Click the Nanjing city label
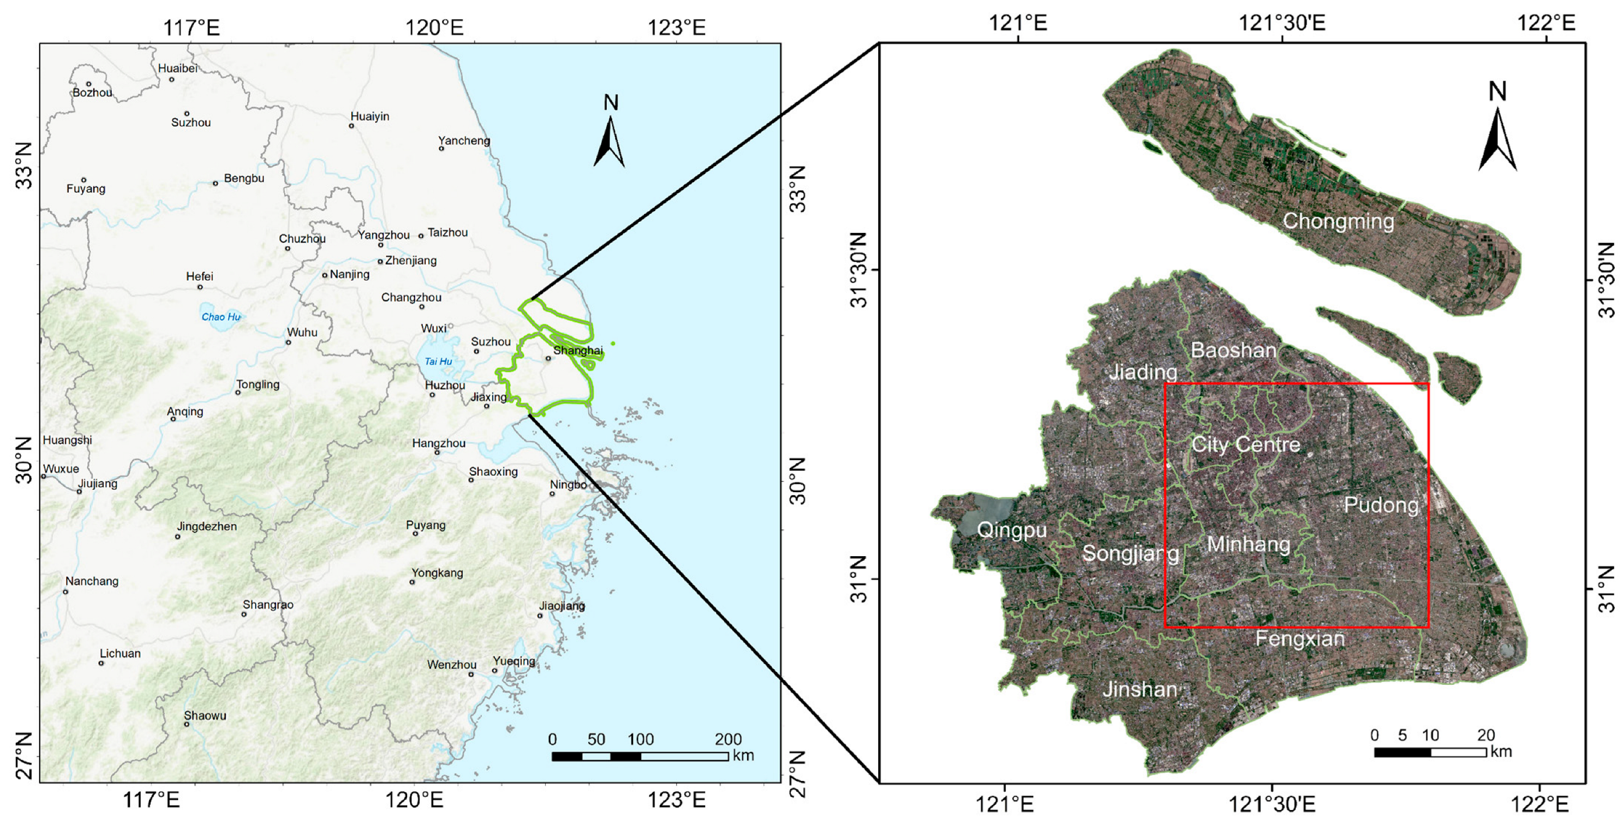[349, 274]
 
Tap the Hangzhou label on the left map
[439, 443]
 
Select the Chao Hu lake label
[221, 317]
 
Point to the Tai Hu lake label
[438, 361]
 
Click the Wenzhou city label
[451, 665]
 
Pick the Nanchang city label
[91, 581]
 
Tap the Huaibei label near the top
[178, 68]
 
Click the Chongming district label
[1338, 221]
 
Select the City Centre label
[1246, 444]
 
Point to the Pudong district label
[1380, 505]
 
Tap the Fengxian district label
[1300, 639]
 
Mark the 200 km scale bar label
[728, 738]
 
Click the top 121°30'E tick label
[1282, 23]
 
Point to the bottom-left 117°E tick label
[151, 800]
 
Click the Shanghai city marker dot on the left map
[548, 358]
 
